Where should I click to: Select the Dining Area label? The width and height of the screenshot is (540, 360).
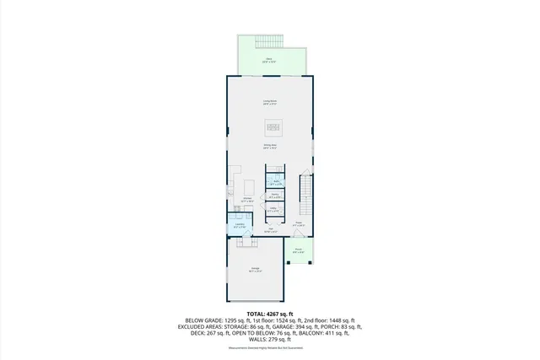271,147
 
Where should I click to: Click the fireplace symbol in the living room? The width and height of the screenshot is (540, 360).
274,127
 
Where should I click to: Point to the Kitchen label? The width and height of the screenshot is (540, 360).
247,201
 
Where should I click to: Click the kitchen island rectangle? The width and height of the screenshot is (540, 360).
249,187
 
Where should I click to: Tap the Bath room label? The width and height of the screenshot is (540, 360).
276,182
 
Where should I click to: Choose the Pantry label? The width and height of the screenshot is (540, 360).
274,196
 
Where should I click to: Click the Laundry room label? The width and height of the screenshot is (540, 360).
240,225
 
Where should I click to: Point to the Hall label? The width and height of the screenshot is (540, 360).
270,229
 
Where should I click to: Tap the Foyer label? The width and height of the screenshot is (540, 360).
298,224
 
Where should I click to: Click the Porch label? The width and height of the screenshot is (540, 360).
299,250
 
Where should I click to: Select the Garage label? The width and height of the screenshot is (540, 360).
255,270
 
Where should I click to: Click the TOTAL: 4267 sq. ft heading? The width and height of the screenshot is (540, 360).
270,314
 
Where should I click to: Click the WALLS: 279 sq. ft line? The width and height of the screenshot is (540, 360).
269,339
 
